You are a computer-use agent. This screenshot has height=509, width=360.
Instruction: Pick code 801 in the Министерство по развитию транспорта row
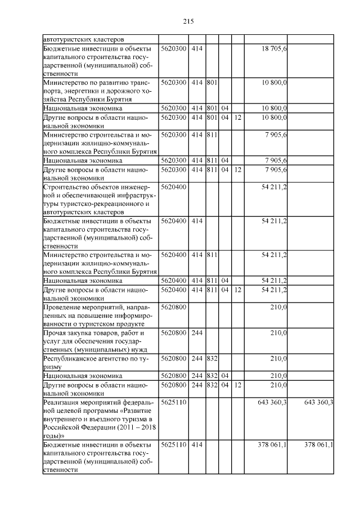coord(212,82)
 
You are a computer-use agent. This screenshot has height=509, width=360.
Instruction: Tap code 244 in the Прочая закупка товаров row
coord(197,333)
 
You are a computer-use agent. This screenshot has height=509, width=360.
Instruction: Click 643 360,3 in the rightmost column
coord(318,403)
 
